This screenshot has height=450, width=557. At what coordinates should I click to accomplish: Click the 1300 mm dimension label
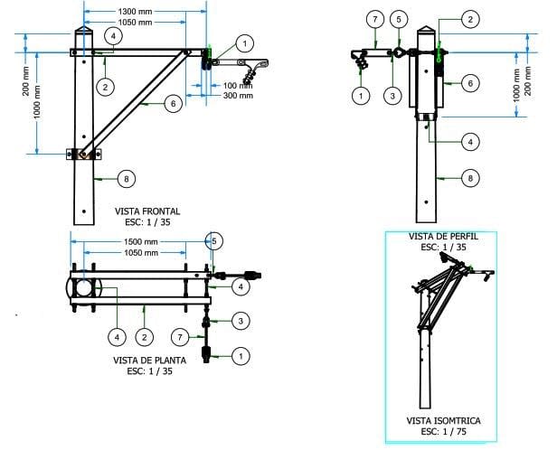(x=140, y=10)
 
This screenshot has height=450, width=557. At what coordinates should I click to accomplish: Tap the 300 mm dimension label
(x=239, y=95)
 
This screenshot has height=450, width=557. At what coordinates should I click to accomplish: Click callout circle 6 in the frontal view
(x=175, y=104)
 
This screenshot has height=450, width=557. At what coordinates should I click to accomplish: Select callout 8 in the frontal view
(x=126, y=180)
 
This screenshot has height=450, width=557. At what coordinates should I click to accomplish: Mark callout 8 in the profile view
(x=468, y=179)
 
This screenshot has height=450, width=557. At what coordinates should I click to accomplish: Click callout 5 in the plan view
(x=214, y=241)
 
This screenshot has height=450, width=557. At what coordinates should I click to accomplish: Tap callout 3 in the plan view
(x=241, y=321)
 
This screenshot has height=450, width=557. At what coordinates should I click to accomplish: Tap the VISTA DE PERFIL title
(x=443, y=236)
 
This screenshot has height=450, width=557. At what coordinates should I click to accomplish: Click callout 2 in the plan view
(x=144, y=336)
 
